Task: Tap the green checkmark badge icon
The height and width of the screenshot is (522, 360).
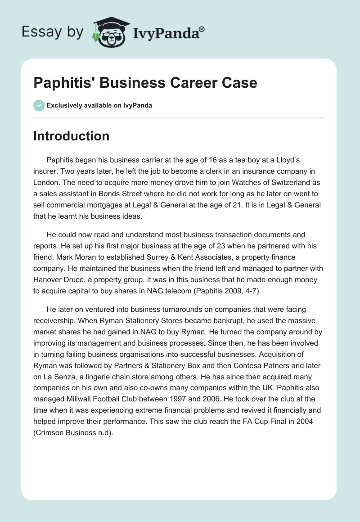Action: click(x=39, y=105)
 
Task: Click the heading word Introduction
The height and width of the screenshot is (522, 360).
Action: click(x=71, y=136)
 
